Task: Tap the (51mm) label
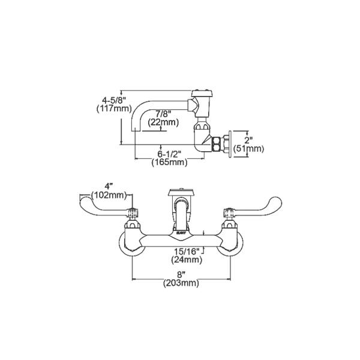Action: [x=254, y=148]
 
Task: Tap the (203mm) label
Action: [x=181, y=283]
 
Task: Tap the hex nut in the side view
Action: [x=214, y=144]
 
